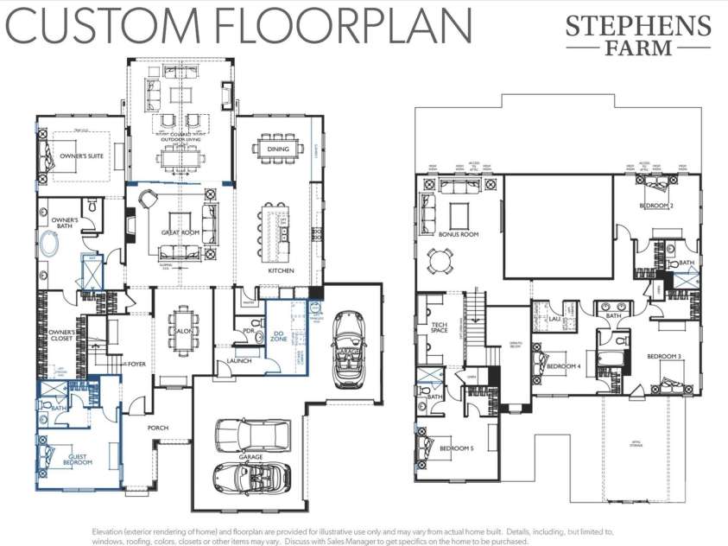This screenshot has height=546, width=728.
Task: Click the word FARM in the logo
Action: point(639,47)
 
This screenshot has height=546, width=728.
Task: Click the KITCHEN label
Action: point(281,270)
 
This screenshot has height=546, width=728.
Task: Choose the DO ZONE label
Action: point(279,335)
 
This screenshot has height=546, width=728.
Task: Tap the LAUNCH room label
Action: point(238,360)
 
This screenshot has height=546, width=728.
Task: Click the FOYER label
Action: point(136,364)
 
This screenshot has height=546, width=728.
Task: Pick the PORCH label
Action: point(157,428)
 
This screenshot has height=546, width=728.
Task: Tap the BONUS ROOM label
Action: point(459,234)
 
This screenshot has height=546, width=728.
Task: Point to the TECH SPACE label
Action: point(439,327)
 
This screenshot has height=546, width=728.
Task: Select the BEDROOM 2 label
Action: point(656,206)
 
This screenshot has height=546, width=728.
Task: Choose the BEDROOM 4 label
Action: point(562,365)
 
